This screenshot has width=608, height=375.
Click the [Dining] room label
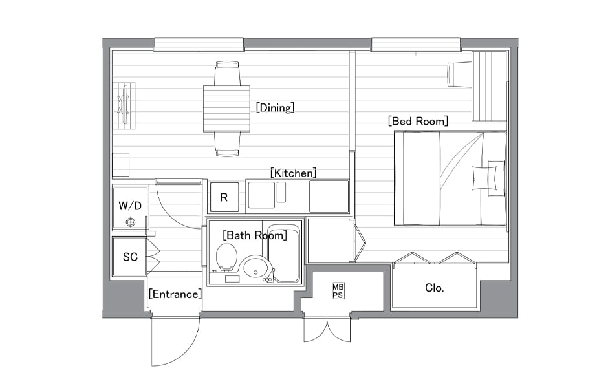tap(275, 107)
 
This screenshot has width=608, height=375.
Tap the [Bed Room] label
tap(418, 121)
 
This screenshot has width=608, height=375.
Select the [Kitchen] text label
tap(293, 173)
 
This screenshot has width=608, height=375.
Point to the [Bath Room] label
tap(255, 235)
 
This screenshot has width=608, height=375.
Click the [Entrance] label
tap(175, 294)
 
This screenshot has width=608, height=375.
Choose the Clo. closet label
tap(434, 288)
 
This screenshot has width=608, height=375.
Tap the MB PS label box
tap(338, 291)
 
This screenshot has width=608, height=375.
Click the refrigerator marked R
tap(224, 197)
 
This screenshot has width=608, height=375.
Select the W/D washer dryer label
tap(130, 206)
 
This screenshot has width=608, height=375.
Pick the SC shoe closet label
tap(130, 257)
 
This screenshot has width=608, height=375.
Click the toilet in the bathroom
tap(226, 257)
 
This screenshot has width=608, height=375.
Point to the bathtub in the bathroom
tap(284, 253)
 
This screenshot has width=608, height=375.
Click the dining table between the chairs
tap(227, 109)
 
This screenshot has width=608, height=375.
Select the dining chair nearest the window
tap(227, 73)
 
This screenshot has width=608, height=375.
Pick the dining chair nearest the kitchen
tap(227, 144)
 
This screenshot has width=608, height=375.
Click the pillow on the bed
tap(484, 178)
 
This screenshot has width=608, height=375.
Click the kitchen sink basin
tap(261, 195)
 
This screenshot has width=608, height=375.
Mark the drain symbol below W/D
tap(131, 222)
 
